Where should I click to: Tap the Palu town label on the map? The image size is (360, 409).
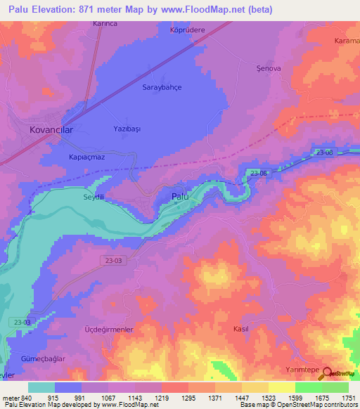click(180, 198)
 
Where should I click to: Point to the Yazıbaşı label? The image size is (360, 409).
click(128, 128)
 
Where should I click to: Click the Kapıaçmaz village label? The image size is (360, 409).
click(86, 157)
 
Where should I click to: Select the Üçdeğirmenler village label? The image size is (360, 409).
click(110, 329)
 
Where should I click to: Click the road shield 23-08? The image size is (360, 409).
click(257, 173)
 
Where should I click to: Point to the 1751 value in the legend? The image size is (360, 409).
click(348, 397)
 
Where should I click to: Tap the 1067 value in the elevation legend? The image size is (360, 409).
click(108, 397)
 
